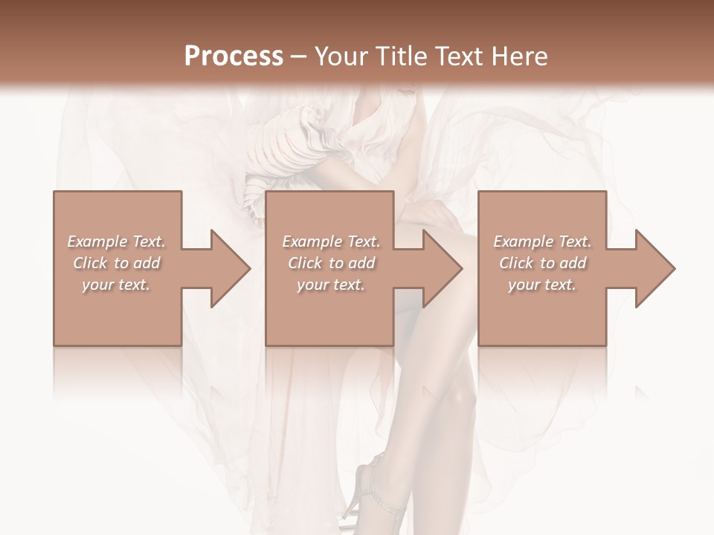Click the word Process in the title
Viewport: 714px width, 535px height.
pyautogui.click(x=234, y=56)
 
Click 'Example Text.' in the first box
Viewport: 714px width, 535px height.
pyautogui.click(x=117, y=241)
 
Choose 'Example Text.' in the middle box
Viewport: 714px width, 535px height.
pyautogui.click(x=331, y=241)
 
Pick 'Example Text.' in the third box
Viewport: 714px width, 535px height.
pyautogui.click(x=542, y=241)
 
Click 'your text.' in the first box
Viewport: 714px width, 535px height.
pyautogui.click(x=117, y=285)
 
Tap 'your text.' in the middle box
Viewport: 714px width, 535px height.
pyautogui.click(x=331, y=285)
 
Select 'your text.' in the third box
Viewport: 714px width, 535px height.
pyautogui.click(x=542, y=285)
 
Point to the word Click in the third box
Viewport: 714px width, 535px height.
pyautogui.click(x=517, y=263)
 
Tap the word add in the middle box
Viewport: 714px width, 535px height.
pyautogui.click(x=361, y=263)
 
